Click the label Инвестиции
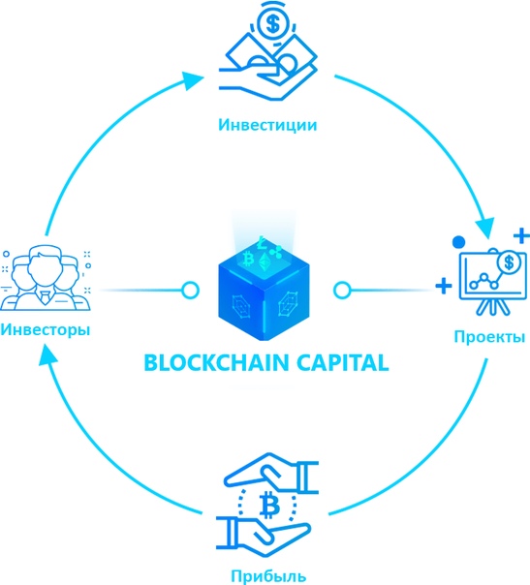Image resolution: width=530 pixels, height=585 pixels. pos(267,125)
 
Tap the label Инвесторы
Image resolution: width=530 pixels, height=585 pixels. pos(46,330)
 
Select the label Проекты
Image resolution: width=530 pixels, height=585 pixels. pos(489,337)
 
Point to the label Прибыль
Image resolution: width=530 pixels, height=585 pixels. pos(268,575)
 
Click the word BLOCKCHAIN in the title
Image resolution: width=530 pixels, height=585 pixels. pos(216,362)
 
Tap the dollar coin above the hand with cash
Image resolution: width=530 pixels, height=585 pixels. pos(273,25)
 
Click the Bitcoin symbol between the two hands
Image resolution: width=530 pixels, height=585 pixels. pos(269,506)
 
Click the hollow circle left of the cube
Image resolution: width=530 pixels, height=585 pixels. pos(190,290)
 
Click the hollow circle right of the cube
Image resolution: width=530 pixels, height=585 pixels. pos(342,290)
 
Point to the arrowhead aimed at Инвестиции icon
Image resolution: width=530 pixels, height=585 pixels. pos(193,79)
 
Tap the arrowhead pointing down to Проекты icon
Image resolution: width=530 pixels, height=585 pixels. pos(484,228)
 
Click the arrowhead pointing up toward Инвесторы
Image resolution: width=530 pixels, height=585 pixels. pos(47,354)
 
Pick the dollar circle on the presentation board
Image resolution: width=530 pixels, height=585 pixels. pos(509,262)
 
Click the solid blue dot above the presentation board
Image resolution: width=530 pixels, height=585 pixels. pos(458,242)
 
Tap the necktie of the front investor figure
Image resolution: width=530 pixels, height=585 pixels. pos(45,297)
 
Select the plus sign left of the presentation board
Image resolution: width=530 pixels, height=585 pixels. pos(444,286)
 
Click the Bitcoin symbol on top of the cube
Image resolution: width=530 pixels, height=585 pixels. pos(248,260)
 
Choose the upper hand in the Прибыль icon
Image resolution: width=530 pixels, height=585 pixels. pos(271,473)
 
